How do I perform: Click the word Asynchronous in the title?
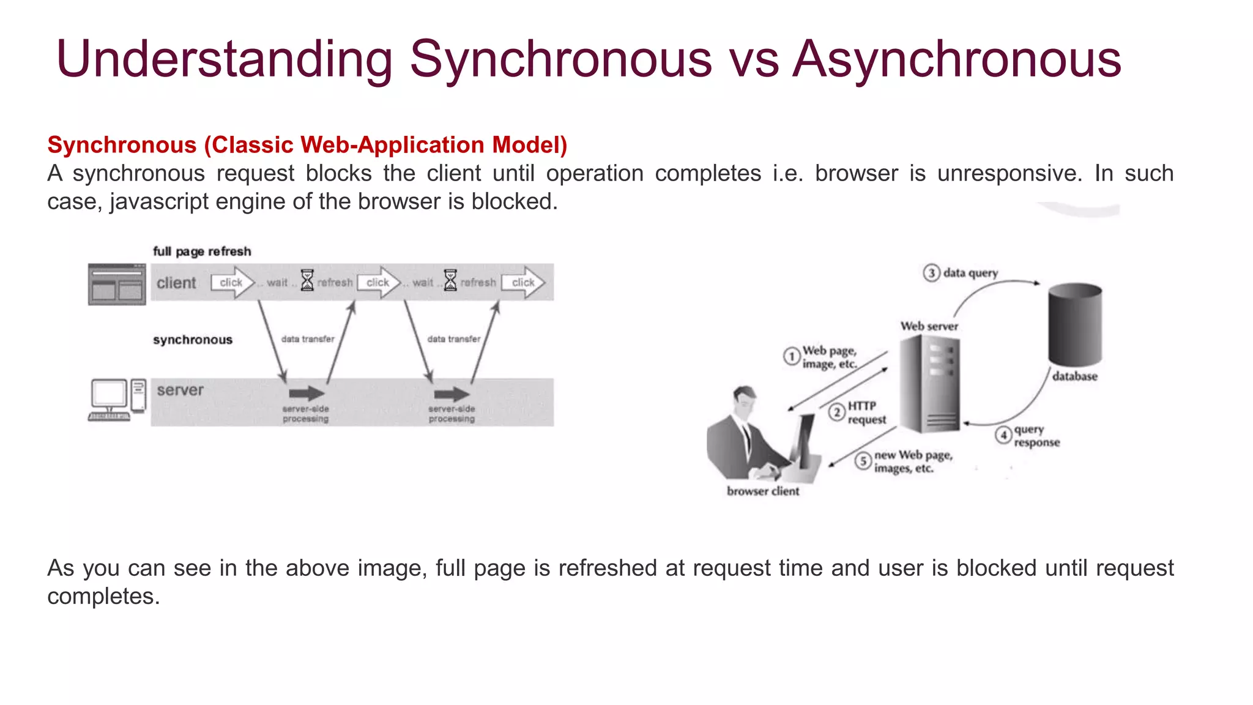click(x=957, y=59)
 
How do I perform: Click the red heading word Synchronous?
click(x=122, y=145)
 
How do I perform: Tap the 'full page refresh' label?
click(x=202, y=252)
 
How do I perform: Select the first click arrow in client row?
click(x=232, y=282)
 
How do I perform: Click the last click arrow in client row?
click(x=524, y=282)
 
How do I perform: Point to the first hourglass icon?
click(x=307, y=280)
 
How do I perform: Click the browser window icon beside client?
click(x=117, y=285)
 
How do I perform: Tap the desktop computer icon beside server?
click(x=117, y=400)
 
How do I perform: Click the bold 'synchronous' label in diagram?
click(x=193, y=340)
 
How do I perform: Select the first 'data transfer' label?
click(x=308, y=339)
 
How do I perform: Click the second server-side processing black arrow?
click(x=452, y=394)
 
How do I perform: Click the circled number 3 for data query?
click(x=931, y=273)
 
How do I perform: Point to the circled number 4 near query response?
click(x=1003, y=435)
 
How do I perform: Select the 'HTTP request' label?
click(x=866, y=413)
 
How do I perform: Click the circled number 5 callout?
click(x=863, y=461)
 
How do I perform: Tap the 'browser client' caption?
click(x=763, y=491)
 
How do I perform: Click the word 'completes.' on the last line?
click(x=103, y=597)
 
